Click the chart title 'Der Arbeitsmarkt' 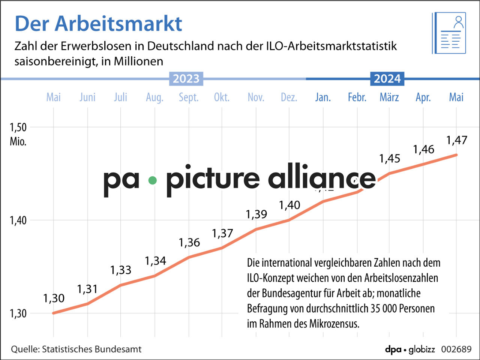pyautogui.click(x=98, y=24)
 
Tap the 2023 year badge pyautogui.click(x=186, y=79)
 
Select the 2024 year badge pyautogui.click(x=387, y=79)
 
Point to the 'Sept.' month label pyautogui.click(x=189, y=97)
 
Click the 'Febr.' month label pyautogui.click(x=357, y=97)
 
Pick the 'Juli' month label pyautogui.click(x=120, y=97)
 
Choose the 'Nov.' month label pyautogui.click(x=256, y=97)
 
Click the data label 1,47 pyautogui.click(x=456, y=140)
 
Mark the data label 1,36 pyautogui.click(x=189, y=243)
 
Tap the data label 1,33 pyautogui.click(x=120, y=270)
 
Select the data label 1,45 pyautogui.click(x=389, y=159)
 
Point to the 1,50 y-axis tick pyautogui.click(x=18, y=127)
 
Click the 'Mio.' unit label pyautogui.click(x=18, y=142)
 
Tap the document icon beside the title pyautogui.click(x=449, y=33)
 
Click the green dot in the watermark pyautogui.click(x=152, y=180)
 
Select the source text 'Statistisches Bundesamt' pyautogui.click(x=91, y=349)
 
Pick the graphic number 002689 pyautogui.click(x=456, y=349)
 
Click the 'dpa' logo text pyautogui.click(x=393, y=349)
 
